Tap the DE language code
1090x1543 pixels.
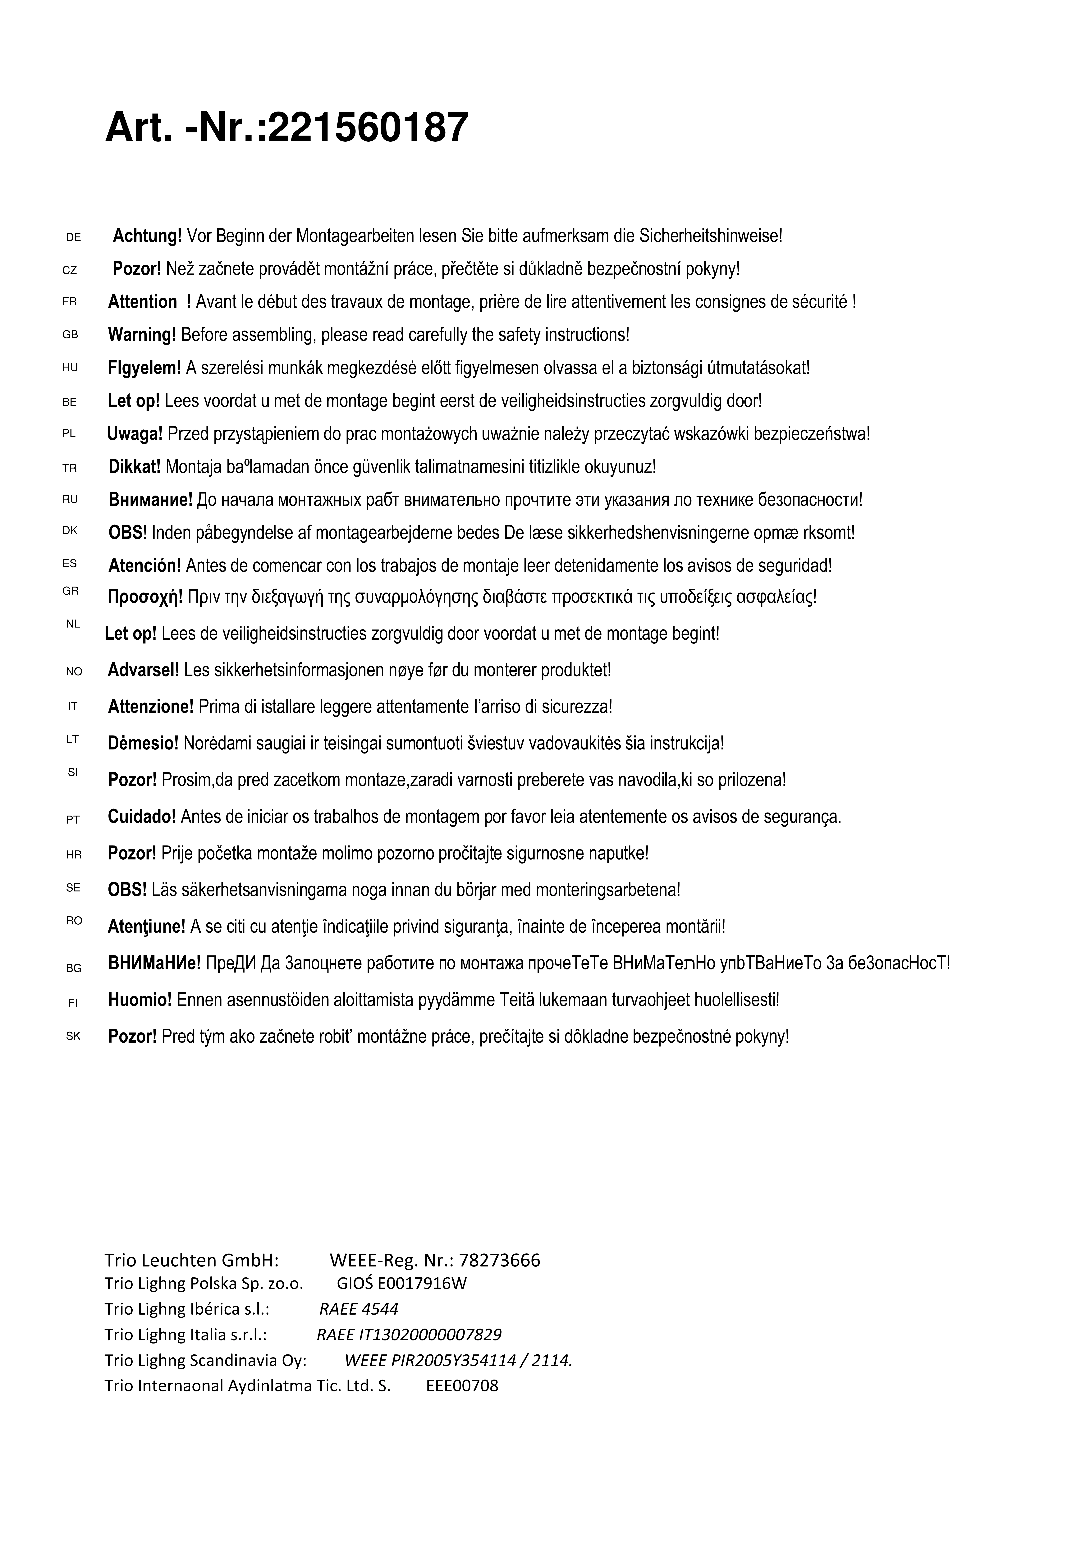[73, 237]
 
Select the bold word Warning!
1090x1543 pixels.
[142, 335]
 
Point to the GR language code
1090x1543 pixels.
[71, 591]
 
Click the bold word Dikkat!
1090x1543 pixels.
[134, 466]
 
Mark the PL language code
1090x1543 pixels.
[69, 434]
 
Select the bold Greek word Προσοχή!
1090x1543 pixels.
[145, 597]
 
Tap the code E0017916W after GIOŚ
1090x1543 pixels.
[422, 1284]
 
